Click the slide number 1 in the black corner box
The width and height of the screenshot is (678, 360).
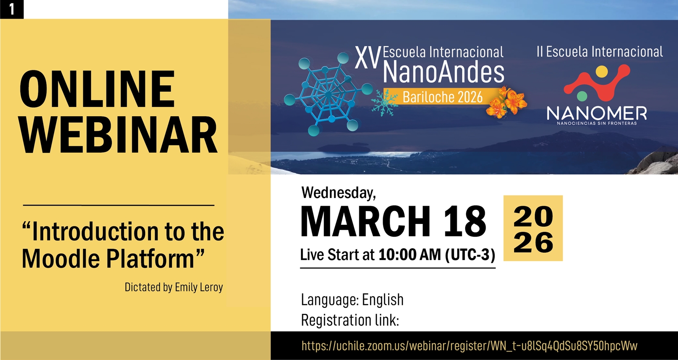(x=12, y=9)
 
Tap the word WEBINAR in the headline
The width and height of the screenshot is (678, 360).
(x=118, y=135)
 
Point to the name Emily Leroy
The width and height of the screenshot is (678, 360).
(x=199, y=287)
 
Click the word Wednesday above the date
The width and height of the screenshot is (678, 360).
(x=339, y=193)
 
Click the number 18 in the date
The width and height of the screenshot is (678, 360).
(x=465, y=221)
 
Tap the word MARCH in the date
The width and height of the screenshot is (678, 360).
(x=365, y=221)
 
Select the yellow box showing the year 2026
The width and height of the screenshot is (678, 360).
(x=533, y=228)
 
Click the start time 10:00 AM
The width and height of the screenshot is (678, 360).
(x=409, y=254)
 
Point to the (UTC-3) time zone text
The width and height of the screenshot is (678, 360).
(x=470, y=255)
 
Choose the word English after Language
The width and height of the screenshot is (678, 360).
(x=383, y=299)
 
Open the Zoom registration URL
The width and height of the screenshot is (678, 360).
(x=470, y=346)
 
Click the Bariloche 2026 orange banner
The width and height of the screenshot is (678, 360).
(x=442, y=97)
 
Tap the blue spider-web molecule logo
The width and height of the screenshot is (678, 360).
(x=328, y=94)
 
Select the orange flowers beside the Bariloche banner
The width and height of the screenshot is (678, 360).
(x=506, y=102)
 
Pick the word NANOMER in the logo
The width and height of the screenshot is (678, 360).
(x=597, y=113)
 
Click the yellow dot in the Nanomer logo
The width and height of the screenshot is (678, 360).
(x=602, y=72)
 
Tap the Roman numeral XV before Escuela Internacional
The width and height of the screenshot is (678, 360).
(x=367, y=57)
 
